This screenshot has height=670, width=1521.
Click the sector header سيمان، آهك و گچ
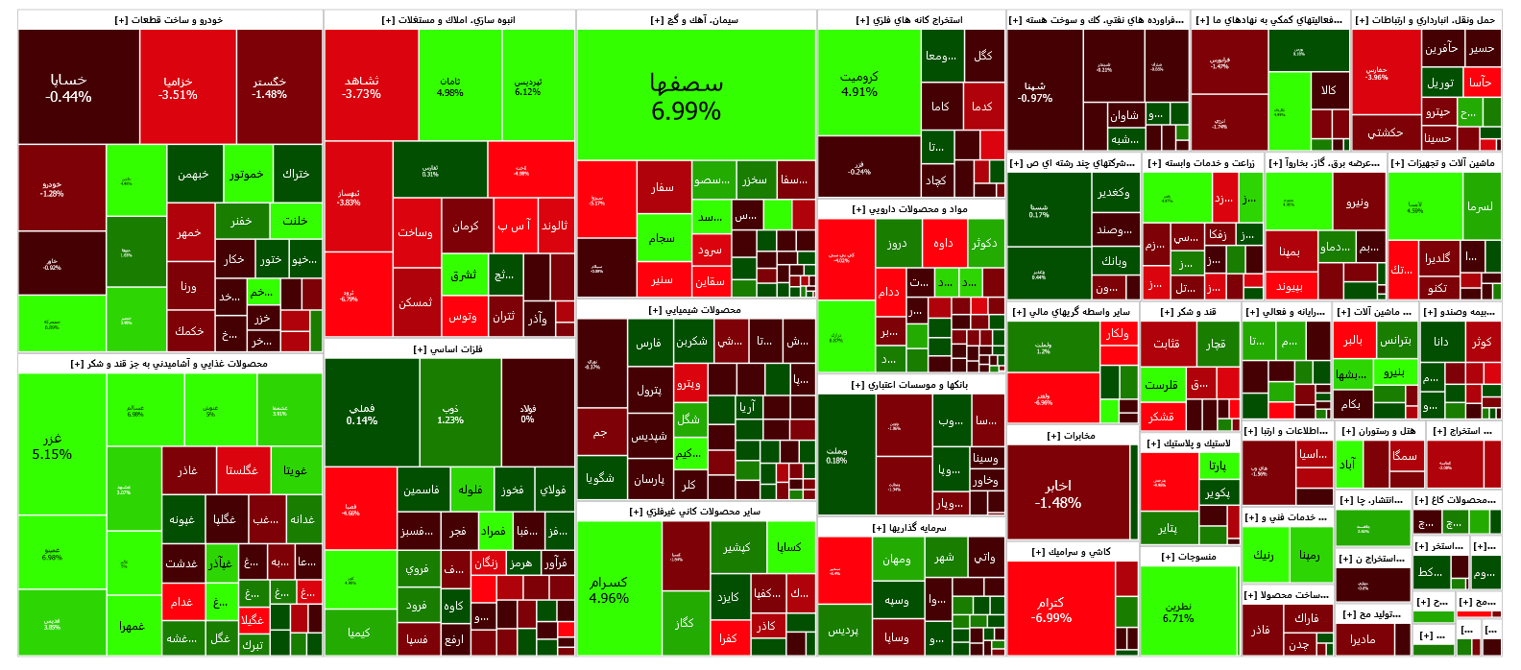[695, 20]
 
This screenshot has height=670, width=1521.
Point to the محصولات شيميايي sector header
[695, 310]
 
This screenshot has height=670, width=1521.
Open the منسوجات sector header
[1188, 557]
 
